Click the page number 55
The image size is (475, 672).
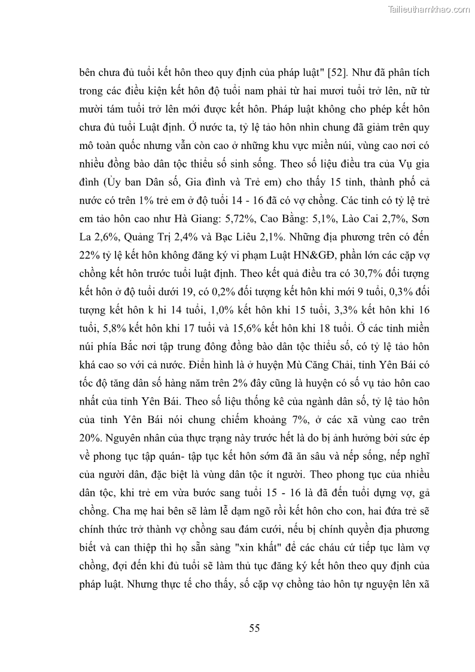click(254, 628)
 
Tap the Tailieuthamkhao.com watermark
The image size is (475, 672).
click(430, 9)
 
